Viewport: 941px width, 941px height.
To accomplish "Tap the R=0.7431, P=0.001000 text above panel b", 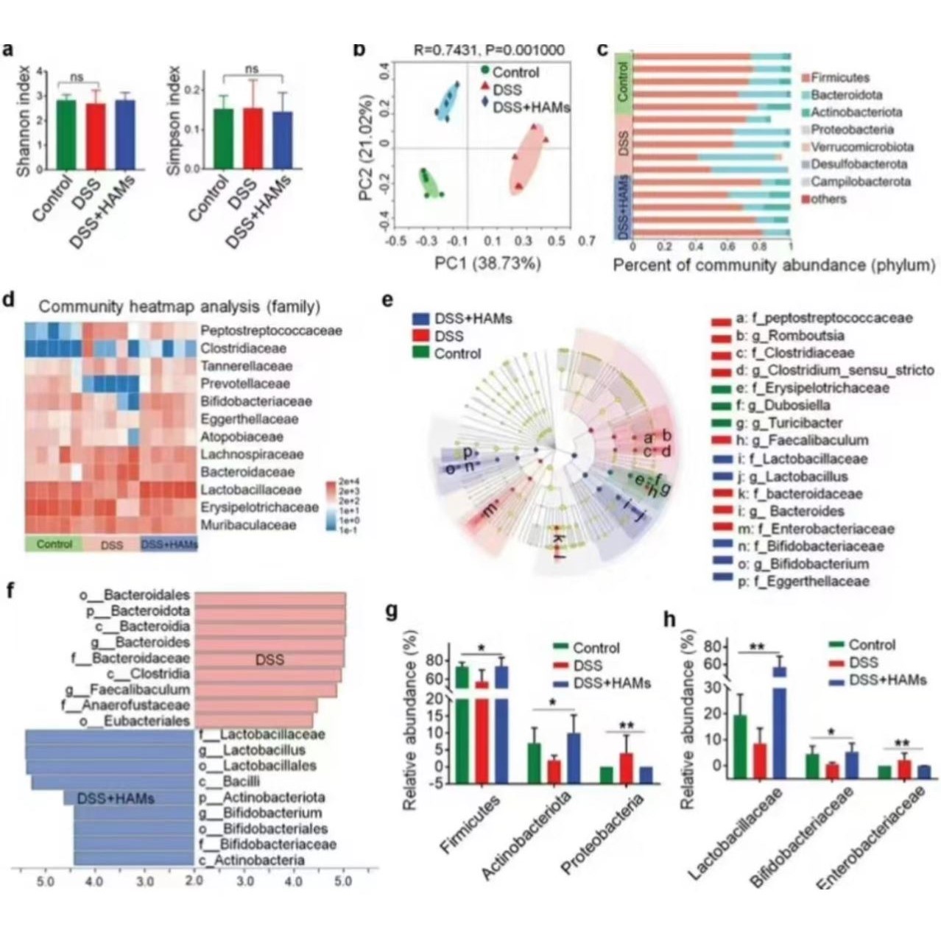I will coord(489,51).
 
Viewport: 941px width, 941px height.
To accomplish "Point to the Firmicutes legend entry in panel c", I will coord(839,77).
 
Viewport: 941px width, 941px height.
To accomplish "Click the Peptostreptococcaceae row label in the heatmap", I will coord(270,331).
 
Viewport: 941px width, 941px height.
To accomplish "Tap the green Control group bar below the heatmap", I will coord(54,544).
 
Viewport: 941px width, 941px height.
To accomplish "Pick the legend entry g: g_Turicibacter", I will coord(789,423).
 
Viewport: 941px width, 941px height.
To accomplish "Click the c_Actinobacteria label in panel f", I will coord(251,860).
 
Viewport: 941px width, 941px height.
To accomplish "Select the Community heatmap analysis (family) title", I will coord(180,306).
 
